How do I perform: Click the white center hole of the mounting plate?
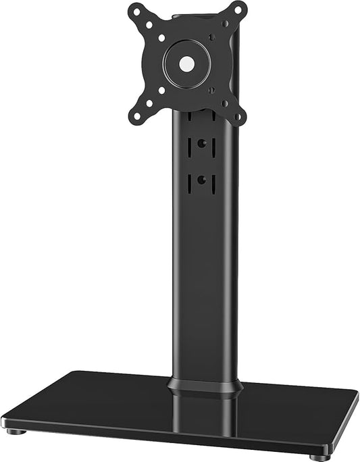pos(187,64)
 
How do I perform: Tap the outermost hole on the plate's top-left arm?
pos(137,11)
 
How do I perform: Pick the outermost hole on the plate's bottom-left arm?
pos(137,116)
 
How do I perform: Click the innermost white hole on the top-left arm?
pos(161,38)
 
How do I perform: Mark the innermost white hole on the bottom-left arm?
pos(161,90)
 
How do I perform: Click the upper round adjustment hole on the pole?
pos(202,144)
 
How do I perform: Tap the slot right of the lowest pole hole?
pos(213,180)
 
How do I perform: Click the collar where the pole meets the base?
pos(205,386)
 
